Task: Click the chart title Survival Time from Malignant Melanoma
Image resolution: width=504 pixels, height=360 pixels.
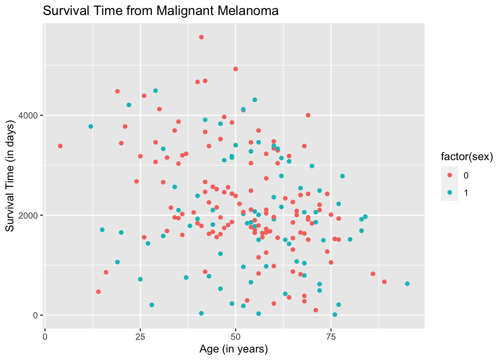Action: click(x=160, y=11)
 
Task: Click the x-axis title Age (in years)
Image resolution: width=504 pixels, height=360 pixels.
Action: click(x=234, y=349)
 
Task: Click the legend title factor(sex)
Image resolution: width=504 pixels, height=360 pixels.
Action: click(x=466, y=157)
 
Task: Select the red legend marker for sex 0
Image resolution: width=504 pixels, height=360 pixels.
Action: click(x=450, y=175)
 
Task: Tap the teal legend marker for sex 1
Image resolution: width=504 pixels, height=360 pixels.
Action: click(x=450, y=192)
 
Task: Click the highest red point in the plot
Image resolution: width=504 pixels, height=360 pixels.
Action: click(x=201, y=37)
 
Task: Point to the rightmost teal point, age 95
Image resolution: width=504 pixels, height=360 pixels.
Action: click(x=407, y=284)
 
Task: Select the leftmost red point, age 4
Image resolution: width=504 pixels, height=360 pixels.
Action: click(x=60, y=146)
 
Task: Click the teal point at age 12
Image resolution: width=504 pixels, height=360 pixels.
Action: click(x=91, y=127)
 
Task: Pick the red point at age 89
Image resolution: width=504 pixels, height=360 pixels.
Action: click(x=384, y=282)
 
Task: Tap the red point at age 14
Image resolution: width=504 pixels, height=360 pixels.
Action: click(x=98, y=292)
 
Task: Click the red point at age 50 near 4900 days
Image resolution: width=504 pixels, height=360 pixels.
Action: click(x=235, y=69)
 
